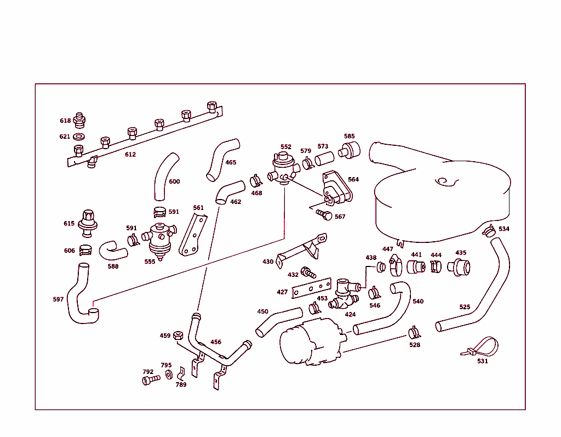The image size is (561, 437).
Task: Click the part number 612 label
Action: [130, 155]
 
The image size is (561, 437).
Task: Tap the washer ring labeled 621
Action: [79, 136]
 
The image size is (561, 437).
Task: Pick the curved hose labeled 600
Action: [165, 177]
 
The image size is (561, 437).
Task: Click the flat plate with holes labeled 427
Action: [311, 288]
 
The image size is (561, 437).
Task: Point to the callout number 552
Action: [286, 147]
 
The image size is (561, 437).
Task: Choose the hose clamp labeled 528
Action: [415, 332]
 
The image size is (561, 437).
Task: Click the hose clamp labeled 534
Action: [489, 231]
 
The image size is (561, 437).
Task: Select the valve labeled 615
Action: [87, 220]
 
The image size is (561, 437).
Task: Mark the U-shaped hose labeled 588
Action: [112, 251]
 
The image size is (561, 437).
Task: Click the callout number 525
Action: [465, 307]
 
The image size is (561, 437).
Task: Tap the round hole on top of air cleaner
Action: [442, 180]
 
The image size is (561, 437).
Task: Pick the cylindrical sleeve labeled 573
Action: [324, 159]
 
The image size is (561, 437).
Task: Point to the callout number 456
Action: [216, 342]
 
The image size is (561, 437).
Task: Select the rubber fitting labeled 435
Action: [459, 267]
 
